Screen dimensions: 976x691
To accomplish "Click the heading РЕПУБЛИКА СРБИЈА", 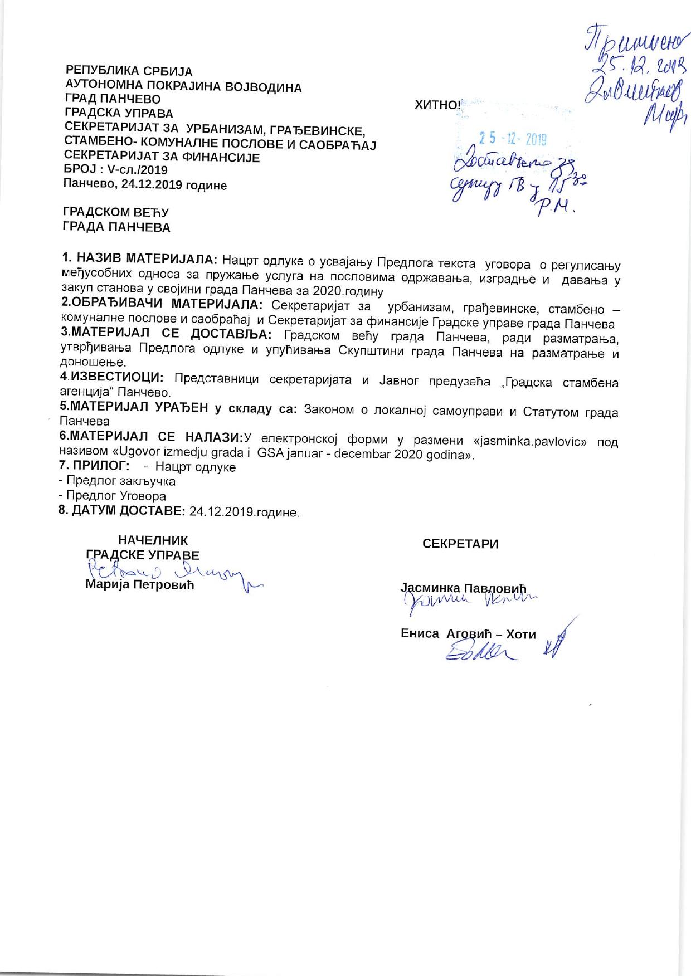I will point(129,71).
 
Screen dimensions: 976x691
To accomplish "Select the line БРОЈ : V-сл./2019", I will point(116,170).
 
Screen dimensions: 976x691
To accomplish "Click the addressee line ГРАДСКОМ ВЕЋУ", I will point(116,212).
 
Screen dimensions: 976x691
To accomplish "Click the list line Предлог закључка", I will point(120,481).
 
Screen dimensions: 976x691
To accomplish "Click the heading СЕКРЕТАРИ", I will point(460,544).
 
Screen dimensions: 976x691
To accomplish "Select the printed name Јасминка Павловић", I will point(464,588).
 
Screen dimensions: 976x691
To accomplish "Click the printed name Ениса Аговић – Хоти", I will point(468,634).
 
